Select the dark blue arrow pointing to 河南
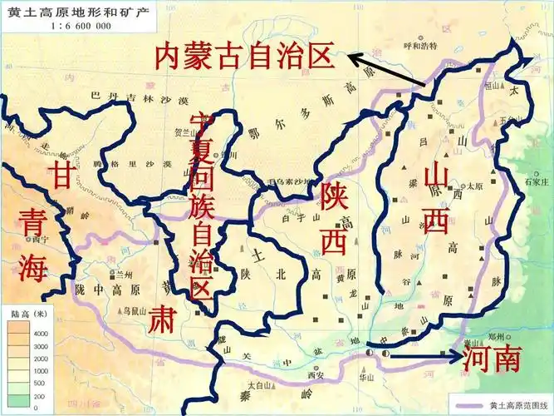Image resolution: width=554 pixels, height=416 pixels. click(424, 355)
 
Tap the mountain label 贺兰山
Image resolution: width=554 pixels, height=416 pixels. click(184, 131)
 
